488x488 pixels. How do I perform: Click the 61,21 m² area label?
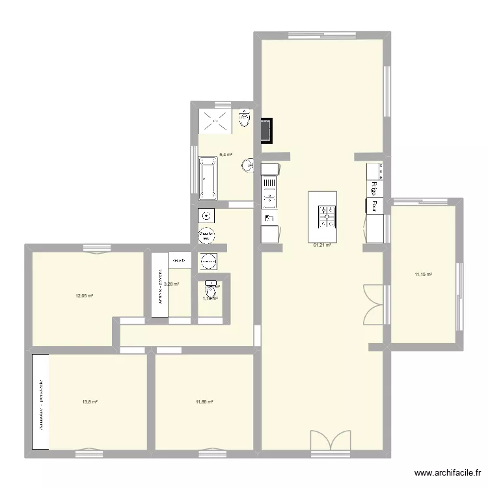coord(322,245)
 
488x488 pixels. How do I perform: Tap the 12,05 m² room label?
coord(85,296)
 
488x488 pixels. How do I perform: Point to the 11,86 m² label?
coord(204,402)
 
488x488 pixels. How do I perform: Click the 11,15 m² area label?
coord(423,274)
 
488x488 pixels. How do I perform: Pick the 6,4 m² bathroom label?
coord(226,155)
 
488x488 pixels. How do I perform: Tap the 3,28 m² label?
coord(171,284)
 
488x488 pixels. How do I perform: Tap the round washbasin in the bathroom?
coord(247,167)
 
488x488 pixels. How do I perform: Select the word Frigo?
coord(375,187)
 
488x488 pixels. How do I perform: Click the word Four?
coord(374,206)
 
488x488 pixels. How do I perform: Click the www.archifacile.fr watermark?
coord(448,474)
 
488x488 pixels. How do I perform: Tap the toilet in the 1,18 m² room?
coord(211,286)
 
